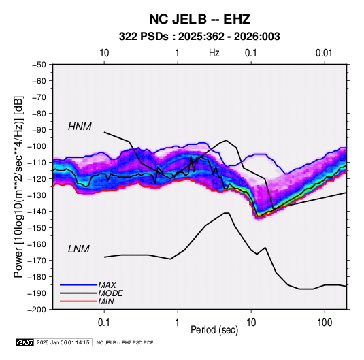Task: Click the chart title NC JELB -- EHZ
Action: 199,19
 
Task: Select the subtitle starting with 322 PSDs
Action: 199,37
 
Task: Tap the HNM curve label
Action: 80,127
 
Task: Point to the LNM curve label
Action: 79,249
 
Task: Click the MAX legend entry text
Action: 107,284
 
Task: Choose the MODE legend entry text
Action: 110,293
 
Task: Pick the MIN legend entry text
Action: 106,301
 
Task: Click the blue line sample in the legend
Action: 78,284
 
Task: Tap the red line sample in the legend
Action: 78,301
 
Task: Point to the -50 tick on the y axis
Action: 39,65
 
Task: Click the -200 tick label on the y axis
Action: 37,310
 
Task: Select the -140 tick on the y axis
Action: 37,212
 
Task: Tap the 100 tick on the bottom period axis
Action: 325,322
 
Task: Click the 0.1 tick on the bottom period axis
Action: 104,322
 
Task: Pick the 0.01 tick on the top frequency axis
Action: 324,53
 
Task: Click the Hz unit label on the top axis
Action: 214,53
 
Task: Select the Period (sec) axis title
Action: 214,330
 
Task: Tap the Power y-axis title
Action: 18,187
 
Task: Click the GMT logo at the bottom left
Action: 24,342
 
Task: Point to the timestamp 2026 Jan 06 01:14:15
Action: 63,342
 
